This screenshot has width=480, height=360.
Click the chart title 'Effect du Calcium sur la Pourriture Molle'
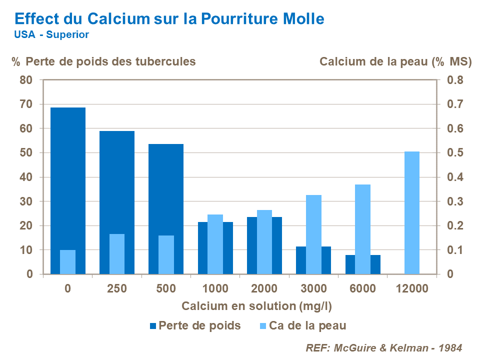(169, 18)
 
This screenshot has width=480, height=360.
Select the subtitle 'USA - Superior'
(51, 35)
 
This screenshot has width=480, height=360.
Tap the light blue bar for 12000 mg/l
(411, 212)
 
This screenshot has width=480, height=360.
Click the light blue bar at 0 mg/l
(67, 262)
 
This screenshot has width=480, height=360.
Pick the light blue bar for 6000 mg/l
(362, 229)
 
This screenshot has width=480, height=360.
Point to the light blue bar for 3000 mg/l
(313, 234)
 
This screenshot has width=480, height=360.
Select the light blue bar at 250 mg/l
(116, 254)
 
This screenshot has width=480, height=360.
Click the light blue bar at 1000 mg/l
(215, 244)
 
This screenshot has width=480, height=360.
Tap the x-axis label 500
(166, 289)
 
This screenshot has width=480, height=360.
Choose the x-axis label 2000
(264, 289)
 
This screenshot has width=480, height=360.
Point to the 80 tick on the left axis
(26, 80)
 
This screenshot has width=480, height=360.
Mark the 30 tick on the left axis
(26, 201)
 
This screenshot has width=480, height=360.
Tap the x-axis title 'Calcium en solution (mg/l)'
(256, 306)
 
